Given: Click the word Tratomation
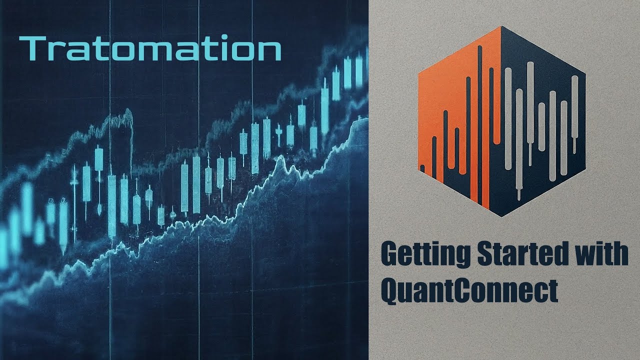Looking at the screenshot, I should pos(150,48).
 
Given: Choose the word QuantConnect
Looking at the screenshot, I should pos(469,290).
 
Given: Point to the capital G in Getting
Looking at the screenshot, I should pos(390,254).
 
